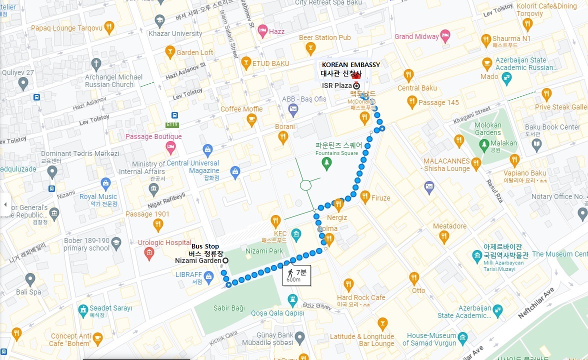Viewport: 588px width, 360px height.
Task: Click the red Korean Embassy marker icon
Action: [356, 75]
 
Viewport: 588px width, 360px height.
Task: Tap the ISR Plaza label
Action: [337, 85]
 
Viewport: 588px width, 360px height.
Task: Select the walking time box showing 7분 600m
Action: [296, 275]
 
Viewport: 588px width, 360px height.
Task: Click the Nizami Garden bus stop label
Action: [197, 260]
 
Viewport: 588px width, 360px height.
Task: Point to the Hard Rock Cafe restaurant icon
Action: [348, 285]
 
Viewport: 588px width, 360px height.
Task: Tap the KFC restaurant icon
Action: [275, 221]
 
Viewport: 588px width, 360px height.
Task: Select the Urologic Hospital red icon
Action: [148, 253]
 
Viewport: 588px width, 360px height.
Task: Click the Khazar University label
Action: [175, 33]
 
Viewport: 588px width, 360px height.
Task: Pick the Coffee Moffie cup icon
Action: [251, 119]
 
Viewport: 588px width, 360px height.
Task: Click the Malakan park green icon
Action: [483, 145]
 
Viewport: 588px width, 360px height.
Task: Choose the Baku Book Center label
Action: [554, 127]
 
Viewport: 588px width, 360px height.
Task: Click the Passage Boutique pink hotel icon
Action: [170, 147]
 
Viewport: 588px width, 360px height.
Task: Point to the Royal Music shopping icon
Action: [105, 184]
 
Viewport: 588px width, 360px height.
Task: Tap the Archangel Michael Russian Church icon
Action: [95, 64]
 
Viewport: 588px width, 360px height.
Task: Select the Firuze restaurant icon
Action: [365, 196]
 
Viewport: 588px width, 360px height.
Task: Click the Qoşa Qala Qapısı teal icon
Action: [293, 300]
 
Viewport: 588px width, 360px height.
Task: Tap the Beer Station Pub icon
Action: [310, 48]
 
